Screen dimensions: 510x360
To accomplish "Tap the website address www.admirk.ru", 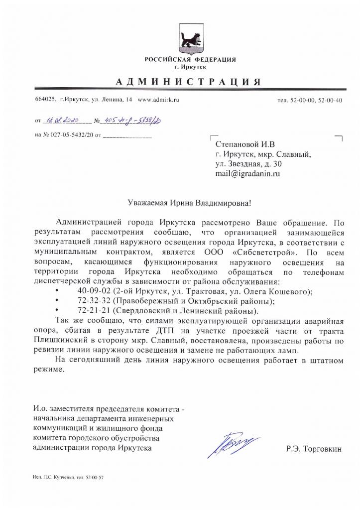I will pyautogui.click(x=158, y=100).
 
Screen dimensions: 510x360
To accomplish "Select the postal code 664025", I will pyautogui.click(x=45, y=100).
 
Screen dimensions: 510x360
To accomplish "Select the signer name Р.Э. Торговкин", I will pyautogui.click(x=314, y=448).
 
